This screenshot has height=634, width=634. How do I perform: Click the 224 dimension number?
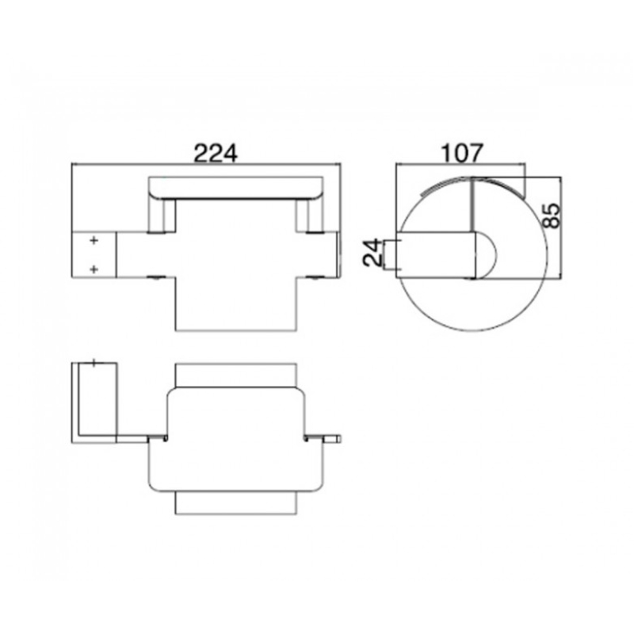tap(216, 153)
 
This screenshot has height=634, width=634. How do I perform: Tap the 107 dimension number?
tap(462, 153)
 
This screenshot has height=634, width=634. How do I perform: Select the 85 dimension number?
tap(552, 216)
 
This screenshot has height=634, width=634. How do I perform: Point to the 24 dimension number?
tap(372, 253)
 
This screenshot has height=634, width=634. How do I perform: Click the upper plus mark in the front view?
tap(94, 241)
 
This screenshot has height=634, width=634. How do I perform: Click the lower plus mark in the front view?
tap(94, 269)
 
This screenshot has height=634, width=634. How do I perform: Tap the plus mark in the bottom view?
tap(94, 363)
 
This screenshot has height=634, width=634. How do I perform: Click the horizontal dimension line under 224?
tap(206, 164)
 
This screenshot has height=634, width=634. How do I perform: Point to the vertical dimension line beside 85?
tap(561, 227)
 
